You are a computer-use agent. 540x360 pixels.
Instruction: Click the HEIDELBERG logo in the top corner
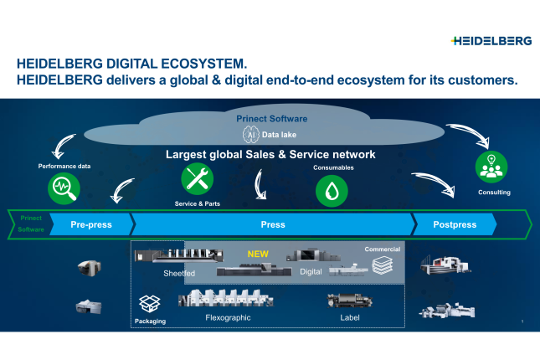point(491,40)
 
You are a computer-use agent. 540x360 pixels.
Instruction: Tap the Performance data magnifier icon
point(64,187)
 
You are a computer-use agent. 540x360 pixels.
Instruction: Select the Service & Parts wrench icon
point(198,177)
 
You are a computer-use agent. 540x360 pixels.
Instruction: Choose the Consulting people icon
point(492,166)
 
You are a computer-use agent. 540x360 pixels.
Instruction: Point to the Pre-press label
point(91,225)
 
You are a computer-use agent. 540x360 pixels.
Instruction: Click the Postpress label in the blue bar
point(455,225)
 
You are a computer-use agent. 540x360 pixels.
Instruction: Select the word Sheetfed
point(179,273)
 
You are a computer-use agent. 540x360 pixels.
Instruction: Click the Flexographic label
point(229,318)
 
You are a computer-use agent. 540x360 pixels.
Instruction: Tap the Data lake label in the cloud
point(280,134)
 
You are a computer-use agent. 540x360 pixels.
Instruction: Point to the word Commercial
point(382,249)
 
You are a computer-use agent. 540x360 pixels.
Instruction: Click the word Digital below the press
point(311,273)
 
